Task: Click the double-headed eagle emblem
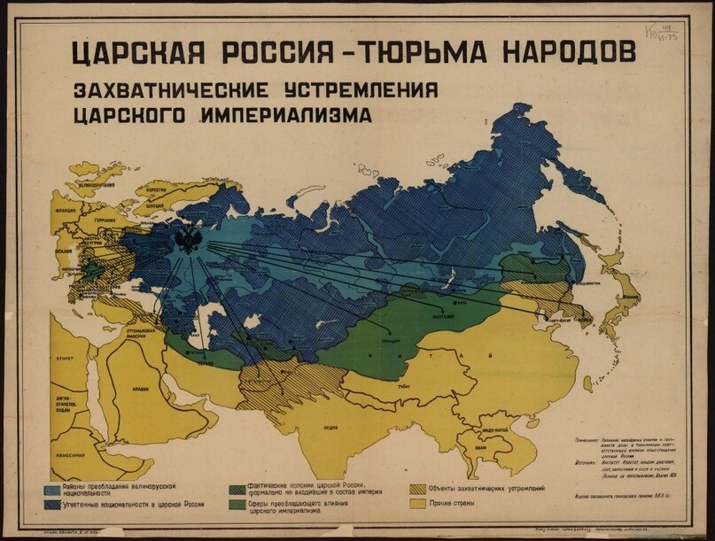click(x=187, y=240)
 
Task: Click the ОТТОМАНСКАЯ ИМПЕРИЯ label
click(x=135, y=333)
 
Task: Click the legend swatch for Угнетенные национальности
click(x=53, y=505)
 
